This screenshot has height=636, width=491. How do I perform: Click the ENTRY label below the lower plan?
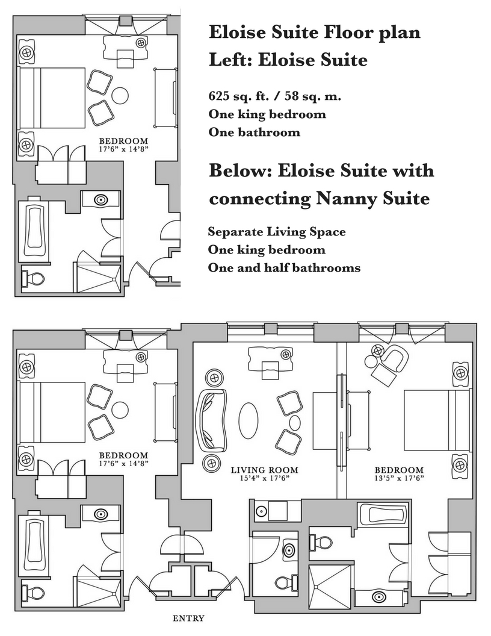(188, 618)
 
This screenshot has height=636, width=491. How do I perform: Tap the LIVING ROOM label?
(265, 470)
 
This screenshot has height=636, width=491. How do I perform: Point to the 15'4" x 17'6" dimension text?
(265, 479)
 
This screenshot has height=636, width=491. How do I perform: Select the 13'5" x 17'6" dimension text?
(399, 479)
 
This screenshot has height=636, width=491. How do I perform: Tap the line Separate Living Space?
(277, 232)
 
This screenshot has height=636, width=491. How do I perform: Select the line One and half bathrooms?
(284, 267)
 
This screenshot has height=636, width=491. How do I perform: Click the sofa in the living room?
(211, 420)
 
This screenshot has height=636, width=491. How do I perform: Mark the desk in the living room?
(265, 360)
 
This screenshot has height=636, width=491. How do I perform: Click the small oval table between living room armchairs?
(295, 422)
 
